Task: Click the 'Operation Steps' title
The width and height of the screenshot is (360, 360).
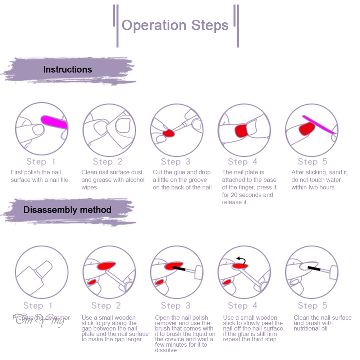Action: [175, 25]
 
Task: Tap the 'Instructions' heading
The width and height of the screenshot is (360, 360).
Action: [68, 69]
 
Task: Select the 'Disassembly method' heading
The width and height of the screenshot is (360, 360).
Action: [67, 210]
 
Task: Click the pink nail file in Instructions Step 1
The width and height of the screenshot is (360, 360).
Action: [54, 122]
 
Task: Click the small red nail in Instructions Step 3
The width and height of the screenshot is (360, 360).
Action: [168, 133]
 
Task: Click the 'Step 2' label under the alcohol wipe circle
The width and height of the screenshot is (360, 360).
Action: [108, 162]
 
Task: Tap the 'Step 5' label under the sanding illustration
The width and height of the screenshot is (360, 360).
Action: [313, 162]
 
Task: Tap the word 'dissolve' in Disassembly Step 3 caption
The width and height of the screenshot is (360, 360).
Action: [166, 350]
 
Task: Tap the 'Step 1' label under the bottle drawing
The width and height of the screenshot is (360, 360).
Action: [38, 306]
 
